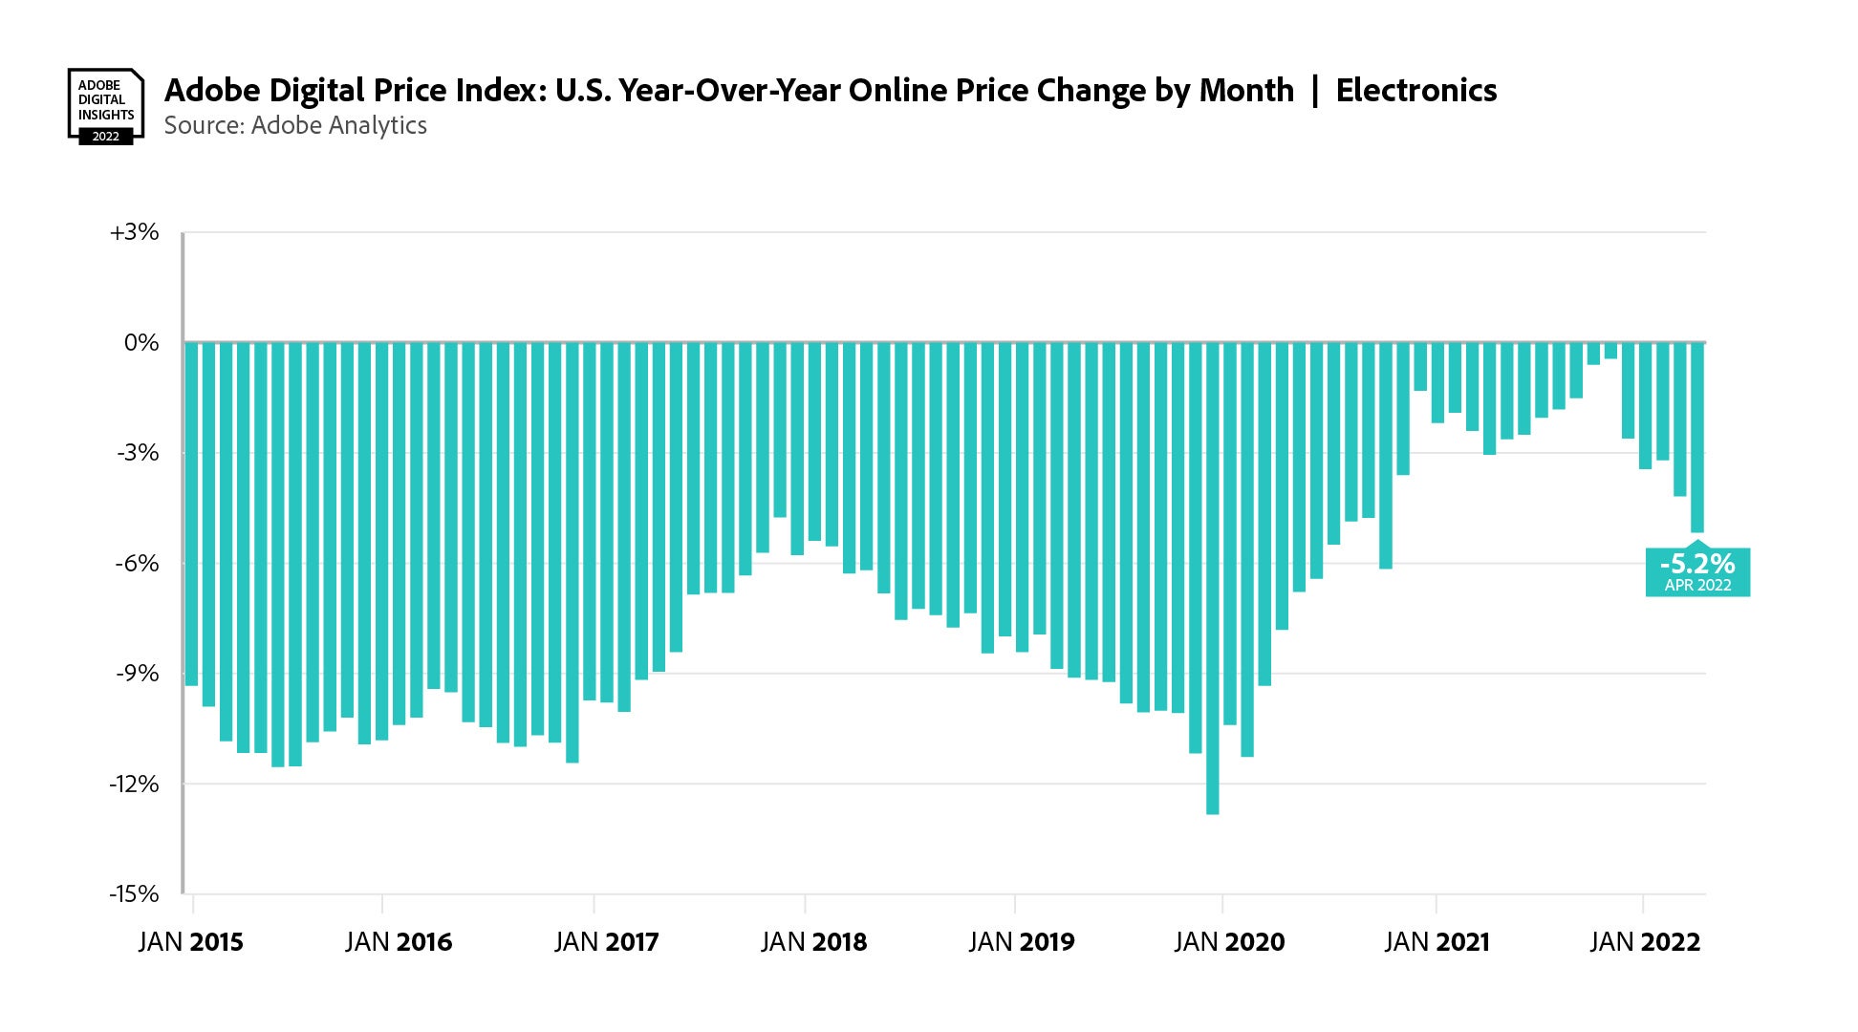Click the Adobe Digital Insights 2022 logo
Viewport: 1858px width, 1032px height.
(x=105, y=105)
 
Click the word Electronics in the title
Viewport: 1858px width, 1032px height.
(x=1415, y=91)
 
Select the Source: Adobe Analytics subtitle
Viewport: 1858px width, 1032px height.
(x=295, y=126)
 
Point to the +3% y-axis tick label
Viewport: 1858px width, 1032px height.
(x=135, y=232)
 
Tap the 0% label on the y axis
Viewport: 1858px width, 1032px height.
(x=141, y=342)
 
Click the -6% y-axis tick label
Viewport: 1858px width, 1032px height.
(x=138, y=563)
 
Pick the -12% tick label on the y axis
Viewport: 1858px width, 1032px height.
(x=134, y=784)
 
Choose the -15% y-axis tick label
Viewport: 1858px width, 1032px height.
(x=134, y=894)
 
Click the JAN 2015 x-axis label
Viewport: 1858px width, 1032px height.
(x=191, y=942)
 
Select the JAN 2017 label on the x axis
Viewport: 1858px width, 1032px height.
(x=607, y=942)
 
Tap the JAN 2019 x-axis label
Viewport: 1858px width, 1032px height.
(x=1022, y=942)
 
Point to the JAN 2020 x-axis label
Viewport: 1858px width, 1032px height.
(x=1230, y=942)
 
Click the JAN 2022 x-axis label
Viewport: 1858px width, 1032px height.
(x=1645, y=942)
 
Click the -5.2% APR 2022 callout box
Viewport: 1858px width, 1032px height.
(x=1697, y=572)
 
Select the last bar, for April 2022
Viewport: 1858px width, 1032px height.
(x=1697, y=437)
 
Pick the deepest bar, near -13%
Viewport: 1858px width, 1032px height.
(x=1213, y=578)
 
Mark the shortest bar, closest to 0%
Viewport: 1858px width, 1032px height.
(x=1611, y=351)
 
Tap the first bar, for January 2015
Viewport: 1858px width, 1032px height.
(x=192, y=514)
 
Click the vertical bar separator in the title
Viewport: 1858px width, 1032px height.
(x=1315, y=91)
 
